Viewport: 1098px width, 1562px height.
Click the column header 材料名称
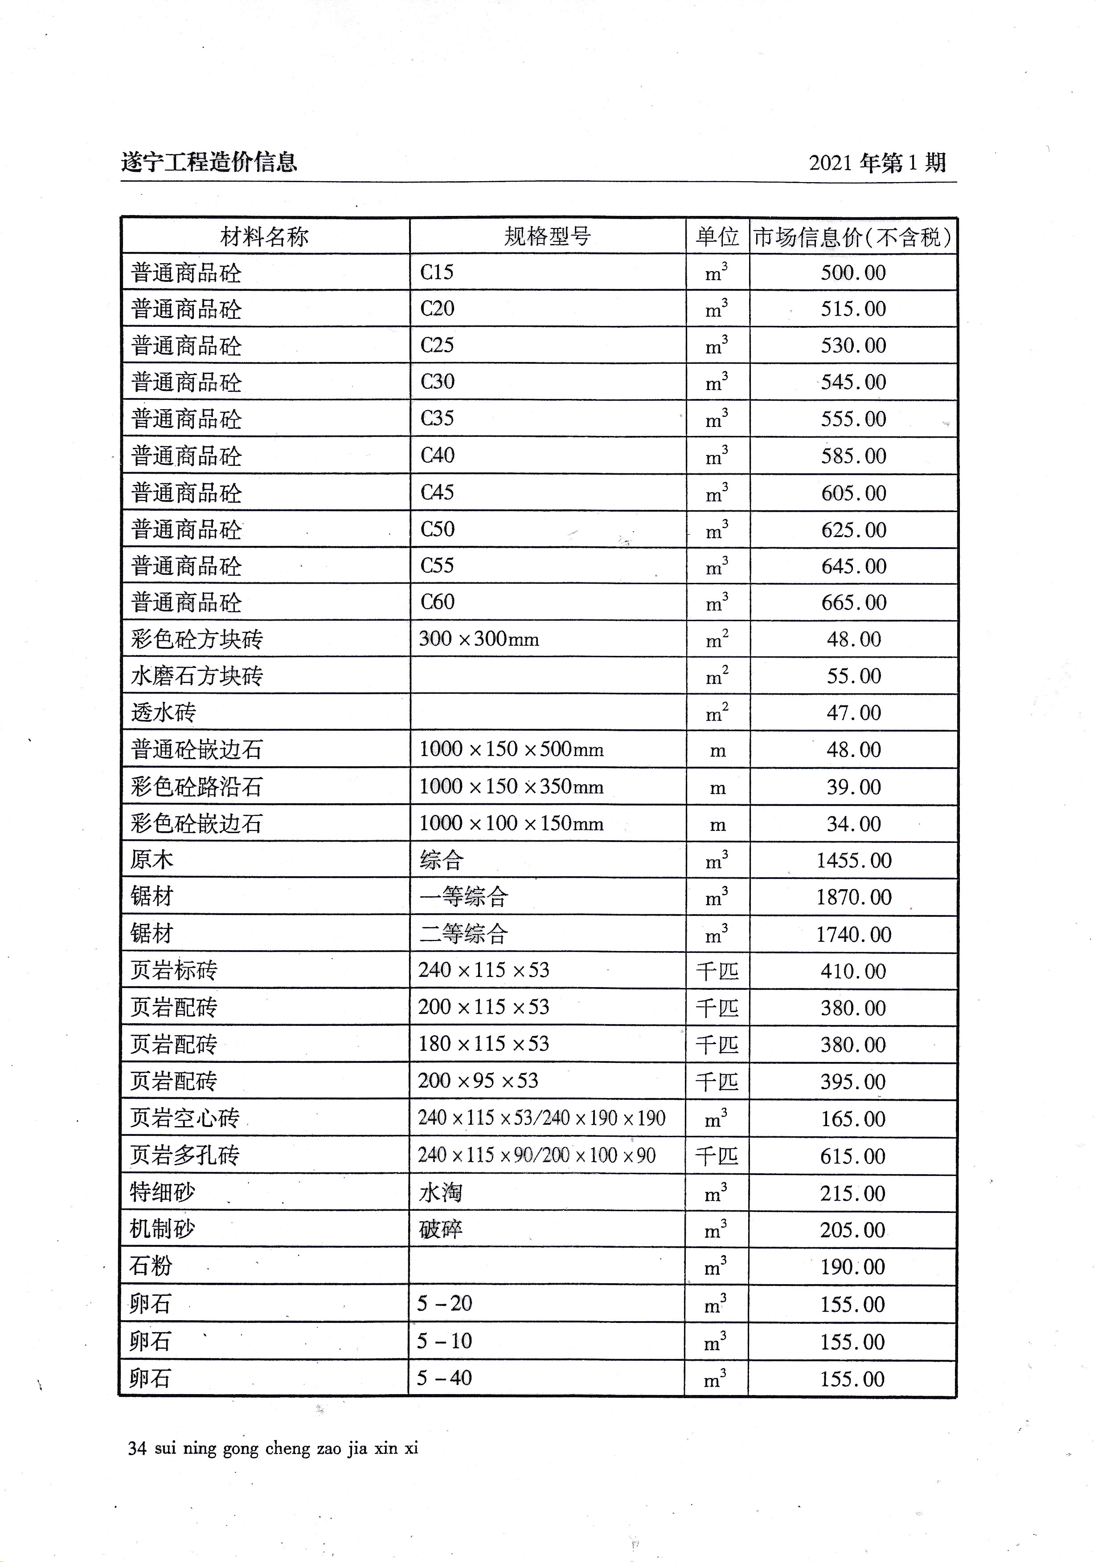tap(264, 237)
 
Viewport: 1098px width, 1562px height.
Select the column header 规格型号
tap(547, 237)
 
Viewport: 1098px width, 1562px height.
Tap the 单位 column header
tap(717, 237)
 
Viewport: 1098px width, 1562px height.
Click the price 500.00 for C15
tap(853, 273)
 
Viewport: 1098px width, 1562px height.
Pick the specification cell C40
tap(437, 455)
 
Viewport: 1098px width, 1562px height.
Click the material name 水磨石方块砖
tap(197, 676)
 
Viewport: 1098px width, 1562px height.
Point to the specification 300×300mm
tap(479, 639)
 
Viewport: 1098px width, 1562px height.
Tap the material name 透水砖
tap(164, 713)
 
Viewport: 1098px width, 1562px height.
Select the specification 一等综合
tap(463, 897)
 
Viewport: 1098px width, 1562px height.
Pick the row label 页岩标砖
tap(174, 971)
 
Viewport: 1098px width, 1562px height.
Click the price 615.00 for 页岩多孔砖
tap(852, 1156)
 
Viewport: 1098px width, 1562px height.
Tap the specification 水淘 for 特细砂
tap(440, 1192)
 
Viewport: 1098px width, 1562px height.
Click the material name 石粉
tap(151, 1267)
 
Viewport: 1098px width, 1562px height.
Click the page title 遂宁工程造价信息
tap(209, 163)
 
